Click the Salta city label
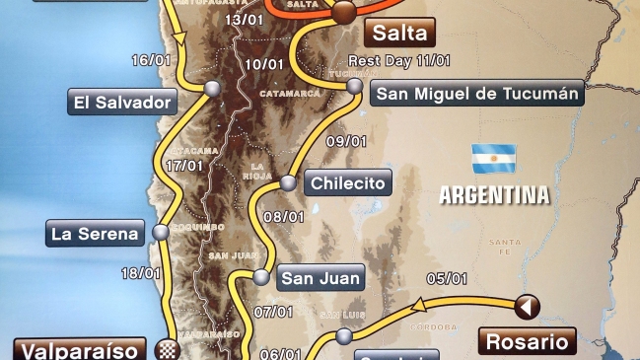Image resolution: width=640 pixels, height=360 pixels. point(400,32)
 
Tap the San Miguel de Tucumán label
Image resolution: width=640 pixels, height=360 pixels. point(477,94)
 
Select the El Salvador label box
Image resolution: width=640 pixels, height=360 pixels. point(122,102)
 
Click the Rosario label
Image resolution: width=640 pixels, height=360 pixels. point(527,342)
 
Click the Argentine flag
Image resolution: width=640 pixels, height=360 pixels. point(494,158)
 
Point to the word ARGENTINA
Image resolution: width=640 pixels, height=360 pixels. point(494,194)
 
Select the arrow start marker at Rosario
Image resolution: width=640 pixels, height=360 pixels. point(528,308)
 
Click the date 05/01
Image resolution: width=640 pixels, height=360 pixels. point(447,278)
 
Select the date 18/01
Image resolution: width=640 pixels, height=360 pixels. point(139,273)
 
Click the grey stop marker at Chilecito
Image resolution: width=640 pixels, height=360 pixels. point(288,182)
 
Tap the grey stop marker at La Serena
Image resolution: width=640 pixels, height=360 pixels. point(160,234)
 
